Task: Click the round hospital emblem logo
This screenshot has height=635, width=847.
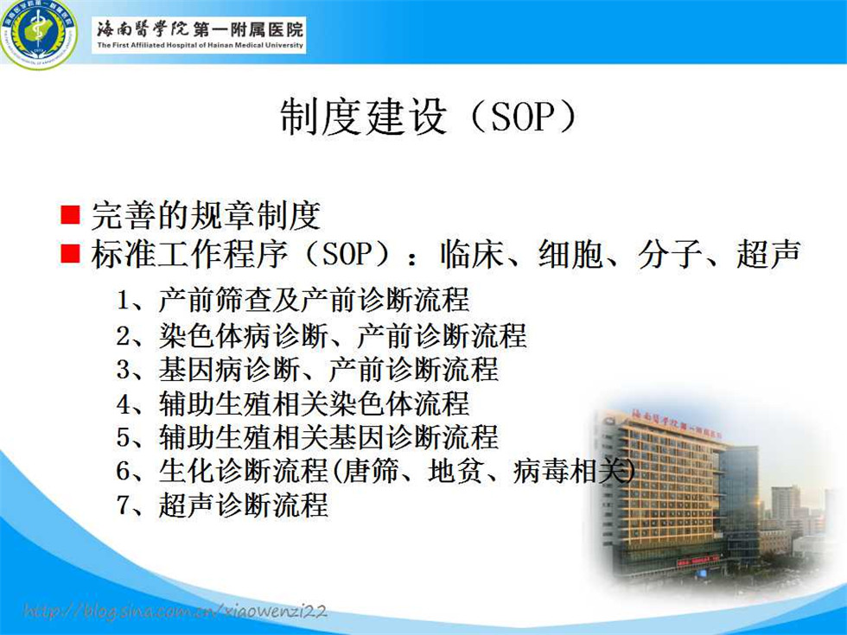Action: point(38,34)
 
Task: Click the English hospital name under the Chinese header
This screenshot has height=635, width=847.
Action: point(201,45)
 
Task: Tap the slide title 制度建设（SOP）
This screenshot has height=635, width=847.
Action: point(429,117)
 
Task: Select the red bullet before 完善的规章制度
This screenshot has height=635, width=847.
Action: point(70,214)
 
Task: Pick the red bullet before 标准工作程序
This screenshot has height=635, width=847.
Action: point(70,252)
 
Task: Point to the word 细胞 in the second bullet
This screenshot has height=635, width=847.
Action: point(570,253)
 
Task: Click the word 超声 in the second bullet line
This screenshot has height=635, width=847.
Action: point(767,253)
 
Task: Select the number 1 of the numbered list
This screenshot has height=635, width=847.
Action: point(123,301)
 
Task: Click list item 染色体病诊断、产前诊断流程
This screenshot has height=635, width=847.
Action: point(342,336)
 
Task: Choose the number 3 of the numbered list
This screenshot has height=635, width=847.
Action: point(123,370)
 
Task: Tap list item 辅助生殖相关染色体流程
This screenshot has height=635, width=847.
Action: point(314,403)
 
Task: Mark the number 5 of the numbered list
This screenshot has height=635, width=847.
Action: point(123,437)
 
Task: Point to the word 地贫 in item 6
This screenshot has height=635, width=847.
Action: point(455,471)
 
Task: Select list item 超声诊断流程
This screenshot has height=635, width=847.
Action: point(243,505)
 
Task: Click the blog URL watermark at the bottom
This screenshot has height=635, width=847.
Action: point(175,612)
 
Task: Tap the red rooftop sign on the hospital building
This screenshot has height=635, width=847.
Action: point(676,425)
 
